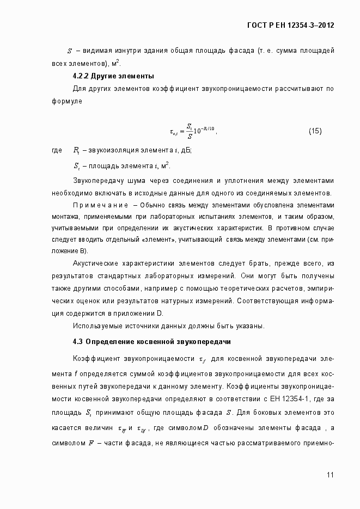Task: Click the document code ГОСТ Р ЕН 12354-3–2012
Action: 290,25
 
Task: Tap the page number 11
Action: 331,475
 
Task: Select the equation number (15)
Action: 315,131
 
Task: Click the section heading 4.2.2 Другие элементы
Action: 113,75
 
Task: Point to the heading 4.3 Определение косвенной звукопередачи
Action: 152,342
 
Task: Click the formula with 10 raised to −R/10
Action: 193,131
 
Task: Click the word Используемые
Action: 97,326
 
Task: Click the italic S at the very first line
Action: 70,51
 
